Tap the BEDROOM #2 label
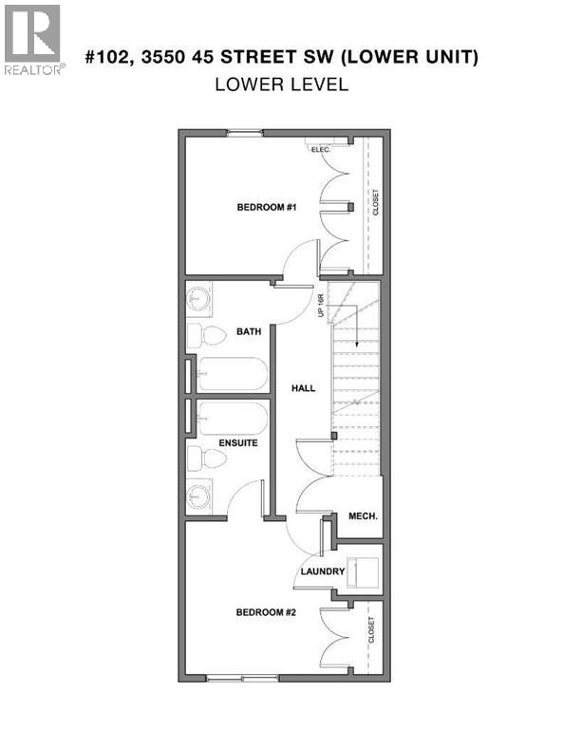tap(267, 612)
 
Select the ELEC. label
tap(317, 148)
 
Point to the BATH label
tap(249, 332)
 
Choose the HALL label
tap(303, 388)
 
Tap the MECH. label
tap(363, 516)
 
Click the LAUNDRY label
tap(322, 571)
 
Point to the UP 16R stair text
tap(322, 305)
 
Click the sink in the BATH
tap(199, 298)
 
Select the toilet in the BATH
tap(206, 335)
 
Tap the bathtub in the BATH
tap(233, 374)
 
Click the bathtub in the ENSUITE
tap(233, 419)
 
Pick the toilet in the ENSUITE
tap(207, 459)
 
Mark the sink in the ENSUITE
tap(199, 495)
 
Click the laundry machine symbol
tap(362, 572)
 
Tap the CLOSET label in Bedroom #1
tap(376, 201)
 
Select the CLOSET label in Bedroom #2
tap(371, 631)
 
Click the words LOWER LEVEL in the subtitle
tap(281, 84)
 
